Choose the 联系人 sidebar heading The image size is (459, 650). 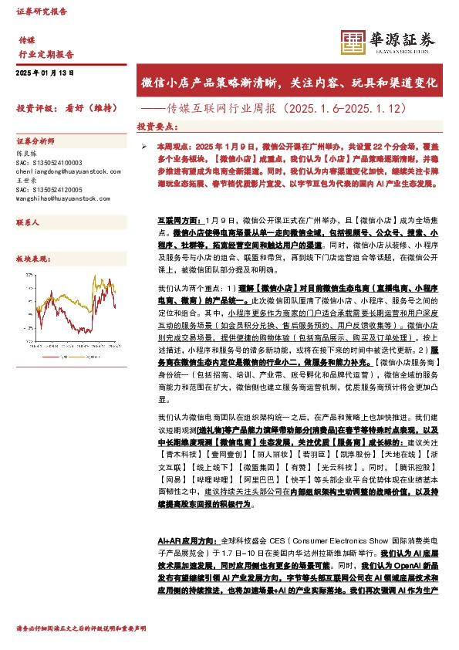coord(29,222)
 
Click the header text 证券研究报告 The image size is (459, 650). coord(42,12)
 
